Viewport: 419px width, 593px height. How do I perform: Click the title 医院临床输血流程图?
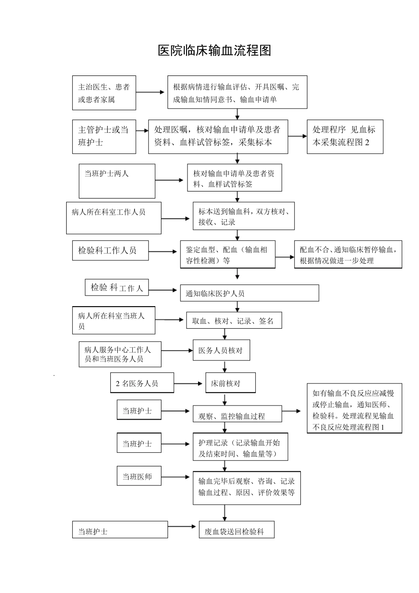tap(214, 51)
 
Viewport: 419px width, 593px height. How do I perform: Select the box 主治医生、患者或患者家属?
tap(104, 93)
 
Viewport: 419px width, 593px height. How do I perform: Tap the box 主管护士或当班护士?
tap(104, 136)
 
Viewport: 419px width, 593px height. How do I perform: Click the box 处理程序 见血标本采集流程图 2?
tap(345, 136)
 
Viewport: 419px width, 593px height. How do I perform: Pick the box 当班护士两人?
tap(117, 181)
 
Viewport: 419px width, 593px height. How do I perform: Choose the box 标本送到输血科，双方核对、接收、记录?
tap(243, 216)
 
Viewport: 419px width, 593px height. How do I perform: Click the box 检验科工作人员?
tap(110, 251)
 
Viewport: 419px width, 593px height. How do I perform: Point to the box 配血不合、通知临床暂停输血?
tap(348, 255)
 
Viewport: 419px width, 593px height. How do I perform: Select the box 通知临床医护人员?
tap(249, 293)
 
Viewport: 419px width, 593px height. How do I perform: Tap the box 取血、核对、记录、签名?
tap(234, 321)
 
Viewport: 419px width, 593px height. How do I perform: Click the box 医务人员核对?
tap(221, 351)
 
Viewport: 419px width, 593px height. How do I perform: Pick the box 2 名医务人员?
tap(142, 383)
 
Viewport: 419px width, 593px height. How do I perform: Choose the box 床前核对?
tap(230, 383)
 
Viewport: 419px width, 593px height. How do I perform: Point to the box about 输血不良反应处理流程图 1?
tap(354, 409)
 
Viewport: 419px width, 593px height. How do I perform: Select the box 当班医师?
tap(138, 477)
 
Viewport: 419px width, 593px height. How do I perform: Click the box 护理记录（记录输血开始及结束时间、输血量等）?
tap(240, 447)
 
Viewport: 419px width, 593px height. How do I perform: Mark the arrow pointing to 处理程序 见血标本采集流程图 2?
tap(298, 136)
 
